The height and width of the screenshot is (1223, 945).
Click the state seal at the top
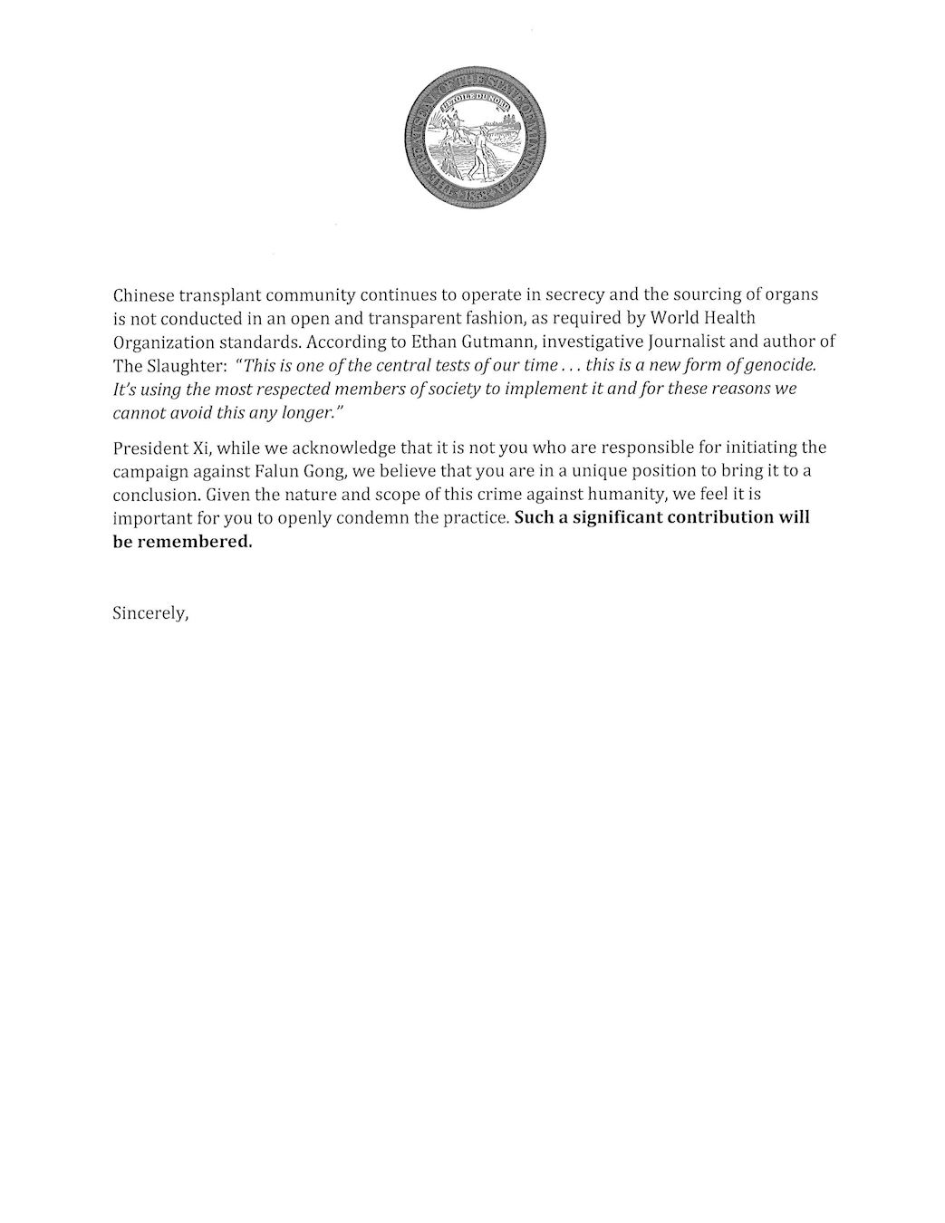474,138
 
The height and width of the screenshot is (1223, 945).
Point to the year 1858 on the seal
473,197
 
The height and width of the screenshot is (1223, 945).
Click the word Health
729,319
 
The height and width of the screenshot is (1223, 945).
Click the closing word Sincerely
150,613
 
